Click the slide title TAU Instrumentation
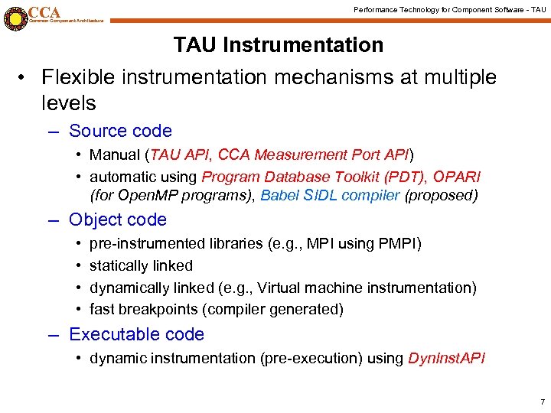(x=279, y=45)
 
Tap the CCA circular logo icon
(x=15, y=18)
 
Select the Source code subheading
(x=120, y=132)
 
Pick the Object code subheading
(x=117, y=220)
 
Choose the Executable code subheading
(x=136, y=335)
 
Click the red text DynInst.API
(x=447, y=359)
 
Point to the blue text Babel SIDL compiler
(x=330, y=196)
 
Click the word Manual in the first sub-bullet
(x=115, y=155)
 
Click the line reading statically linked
(x=141, y=266)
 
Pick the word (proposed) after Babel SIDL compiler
(x=441, y=196)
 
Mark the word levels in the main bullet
(x=69, y=103)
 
